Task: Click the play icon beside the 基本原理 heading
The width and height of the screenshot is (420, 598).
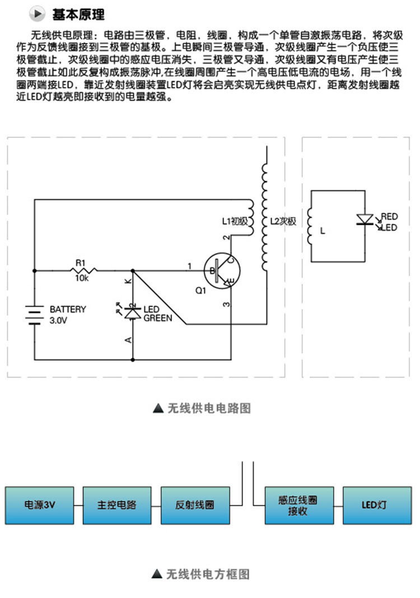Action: click(x=36, y=14)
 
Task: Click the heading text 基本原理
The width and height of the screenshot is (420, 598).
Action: click(x=78, y=15)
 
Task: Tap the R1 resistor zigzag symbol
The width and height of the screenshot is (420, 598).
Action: click(x=83, y=270)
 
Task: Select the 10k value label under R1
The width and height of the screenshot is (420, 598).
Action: click(x=81, y=279)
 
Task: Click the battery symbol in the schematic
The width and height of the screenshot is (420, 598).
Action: click(x=34, y=315)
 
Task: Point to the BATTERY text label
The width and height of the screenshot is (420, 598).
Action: click(x=68, y=309)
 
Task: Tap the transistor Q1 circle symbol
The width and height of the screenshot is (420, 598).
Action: click(x=222, y=270)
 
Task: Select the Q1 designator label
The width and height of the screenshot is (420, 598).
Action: click(x=200, y=291)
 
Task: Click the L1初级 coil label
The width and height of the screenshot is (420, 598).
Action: click(x=235, y=221)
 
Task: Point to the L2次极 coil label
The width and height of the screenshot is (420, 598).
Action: click(x=283, y=221)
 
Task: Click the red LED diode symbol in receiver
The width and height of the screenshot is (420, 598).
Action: click(x=365, y=220)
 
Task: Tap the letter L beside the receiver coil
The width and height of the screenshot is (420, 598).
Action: click(x=323, y=230)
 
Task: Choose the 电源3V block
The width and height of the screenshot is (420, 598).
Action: click(x=39, y=505)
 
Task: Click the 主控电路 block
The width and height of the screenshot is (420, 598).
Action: click(x=117, y=505)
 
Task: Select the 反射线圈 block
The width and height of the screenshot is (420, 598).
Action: click(x=195, y=505)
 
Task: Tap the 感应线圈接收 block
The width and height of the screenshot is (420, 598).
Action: click(x=300, y=505)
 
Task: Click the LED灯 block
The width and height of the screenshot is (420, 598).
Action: click(x=377, y=505)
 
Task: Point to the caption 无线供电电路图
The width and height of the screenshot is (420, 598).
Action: click(x=209, y=408)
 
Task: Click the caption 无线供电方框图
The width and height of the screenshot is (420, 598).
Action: click(x=208, y=574)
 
